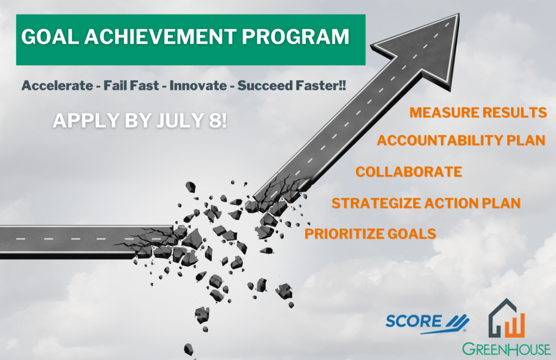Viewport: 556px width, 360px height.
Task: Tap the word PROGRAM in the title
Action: pos(295,36)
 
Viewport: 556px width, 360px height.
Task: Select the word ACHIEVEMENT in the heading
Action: pos(160,36)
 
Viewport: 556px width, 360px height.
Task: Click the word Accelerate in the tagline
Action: pos(57,85)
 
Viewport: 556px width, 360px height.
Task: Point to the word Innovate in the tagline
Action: pos(198,85)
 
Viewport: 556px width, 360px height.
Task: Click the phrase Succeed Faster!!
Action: pos(292,85)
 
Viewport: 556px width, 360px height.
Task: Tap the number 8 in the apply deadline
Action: pos(215,120)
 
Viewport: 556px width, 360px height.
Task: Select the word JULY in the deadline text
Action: pos(180,120)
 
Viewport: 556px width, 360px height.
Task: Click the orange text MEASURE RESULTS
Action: pos(478,112)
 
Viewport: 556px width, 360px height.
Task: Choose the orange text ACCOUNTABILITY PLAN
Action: pos(461,141)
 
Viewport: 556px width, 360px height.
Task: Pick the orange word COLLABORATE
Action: pos(409,172)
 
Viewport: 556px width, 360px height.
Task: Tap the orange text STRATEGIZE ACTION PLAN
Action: pos(426,203)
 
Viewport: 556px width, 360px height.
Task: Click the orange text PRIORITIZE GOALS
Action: pos(370,233)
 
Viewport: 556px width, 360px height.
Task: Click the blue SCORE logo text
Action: pos(414,321)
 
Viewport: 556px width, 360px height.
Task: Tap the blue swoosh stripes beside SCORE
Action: pos(457,322)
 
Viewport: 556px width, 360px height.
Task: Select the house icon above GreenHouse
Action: pos(507,318)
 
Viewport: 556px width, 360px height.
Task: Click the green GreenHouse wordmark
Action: pos(507,349)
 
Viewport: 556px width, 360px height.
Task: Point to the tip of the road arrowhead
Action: pos(459,14)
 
